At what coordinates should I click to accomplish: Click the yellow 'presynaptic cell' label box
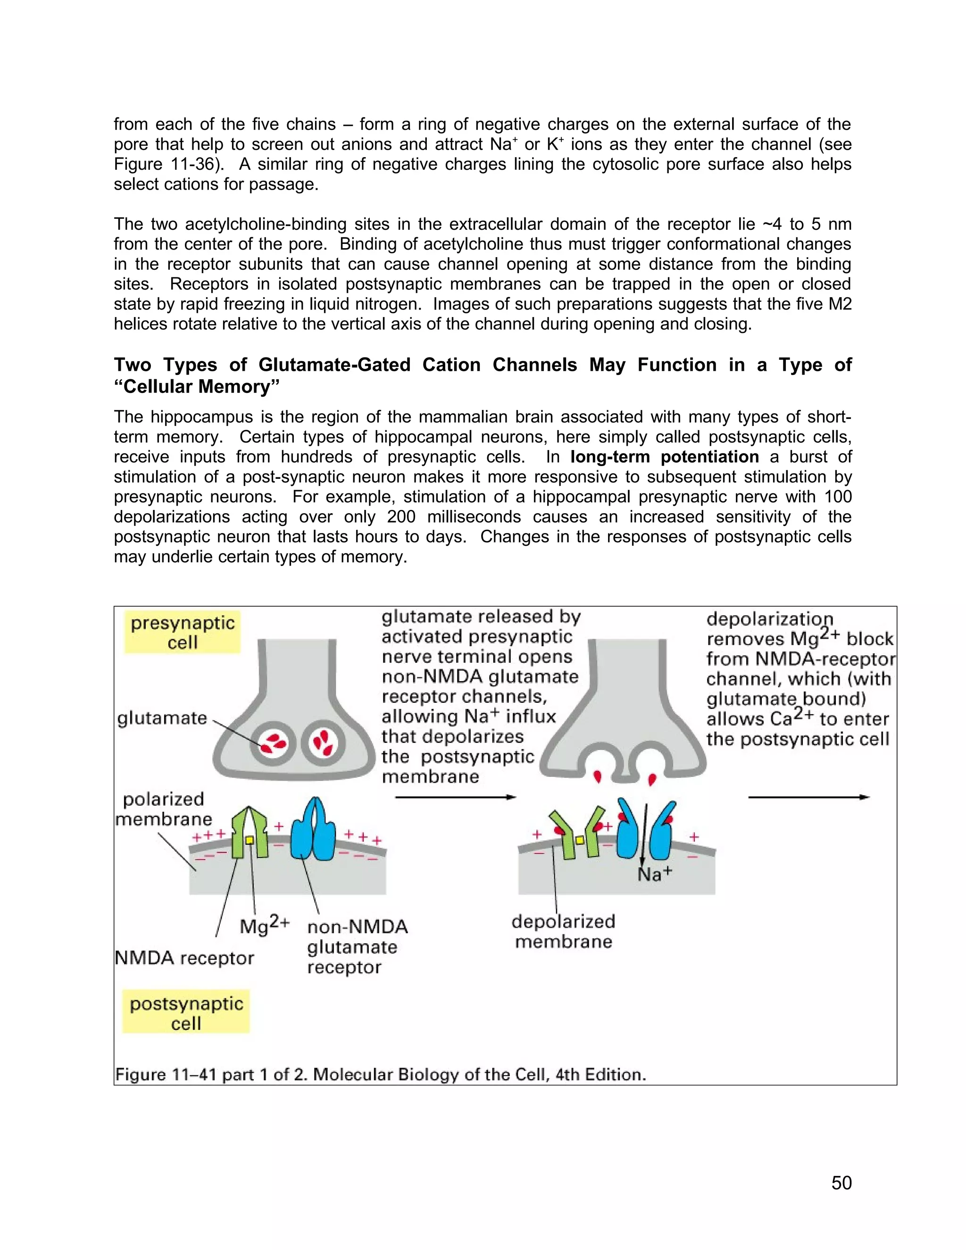pyautogui.click(x=183, y=633)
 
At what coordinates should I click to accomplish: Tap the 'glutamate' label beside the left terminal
pyautogui.click(x=162, y=718)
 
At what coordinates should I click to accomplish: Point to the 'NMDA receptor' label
pyautogui.click(x=184, y=958)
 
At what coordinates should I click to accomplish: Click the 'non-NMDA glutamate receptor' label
pyautogui.click(x=357, y=947)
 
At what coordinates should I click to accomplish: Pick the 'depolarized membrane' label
pyautogui.click(x=563, y=931)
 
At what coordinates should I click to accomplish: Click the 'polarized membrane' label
pyautogui.click(x=164, y=808)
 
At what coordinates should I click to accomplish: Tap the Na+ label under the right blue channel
pyautogui.click(x=655, y=874)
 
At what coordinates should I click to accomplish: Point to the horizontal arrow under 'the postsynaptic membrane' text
pyautogui.click(x=456, y=797)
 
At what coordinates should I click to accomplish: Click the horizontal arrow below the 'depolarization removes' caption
pyautogui.click(x=808, y=797)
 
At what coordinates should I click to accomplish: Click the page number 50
pyautogui.click(x=841, y=1183)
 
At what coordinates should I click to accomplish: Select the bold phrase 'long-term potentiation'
pyautogui.click(x=665, y=457)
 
